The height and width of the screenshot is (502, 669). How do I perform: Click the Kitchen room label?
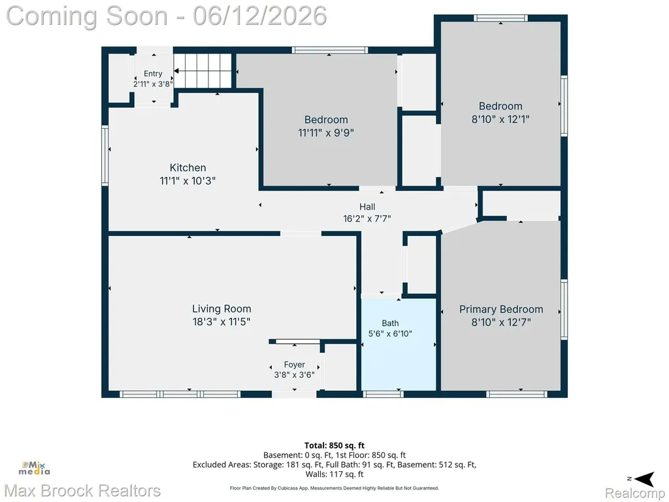[x=188, y=168]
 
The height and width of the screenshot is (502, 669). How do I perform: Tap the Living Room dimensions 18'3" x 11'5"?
[x=221, y=322]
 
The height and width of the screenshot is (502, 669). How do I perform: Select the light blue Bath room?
[x=399, y=344]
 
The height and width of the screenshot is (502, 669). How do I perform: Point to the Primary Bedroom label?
[x=501, y=309]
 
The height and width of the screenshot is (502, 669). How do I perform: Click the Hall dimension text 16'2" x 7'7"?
[x=367, y=218]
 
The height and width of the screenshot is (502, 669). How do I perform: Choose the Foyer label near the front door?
[x=295, y=365]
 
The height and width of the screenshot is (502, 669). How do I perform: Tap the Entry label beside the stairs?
[x=153, y=74]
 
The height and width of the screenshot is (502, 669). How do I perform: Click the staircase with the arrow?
[x=203, y=71]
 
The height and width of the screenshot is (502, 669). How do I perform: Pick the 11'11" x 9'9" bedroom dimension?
[x=326, y=133]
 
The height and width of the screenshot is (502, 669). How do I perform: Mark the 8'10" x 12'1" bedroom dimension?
[x=500, y=119]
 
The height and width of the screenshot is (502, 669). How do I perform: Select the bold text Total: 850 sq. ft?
[x=334, y=446]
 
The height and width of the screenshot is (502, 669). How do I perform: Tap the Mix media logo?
[x=34, y=468]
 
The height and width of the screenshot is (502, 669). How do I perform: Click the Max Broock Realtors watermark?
[x=82, y=491]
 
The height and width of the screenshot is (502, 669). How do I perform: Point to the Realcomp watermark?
[x=634, y=494]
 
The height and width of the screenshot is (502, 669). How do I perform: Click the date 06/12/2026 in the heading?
[x=260, y=16]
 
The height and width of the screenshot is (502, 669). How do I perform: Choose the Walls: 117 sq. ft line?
[x=334, y=474]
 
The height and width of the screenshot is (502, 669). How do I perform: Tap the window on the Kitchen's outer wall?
[x=105, y=156]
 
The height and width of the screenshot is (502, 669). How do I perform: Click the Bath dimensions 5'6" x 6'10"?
[x=390, y=333]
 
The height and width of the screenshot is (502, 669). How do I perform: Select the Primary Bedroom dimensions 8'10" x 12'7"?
[x=501, y=322]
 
